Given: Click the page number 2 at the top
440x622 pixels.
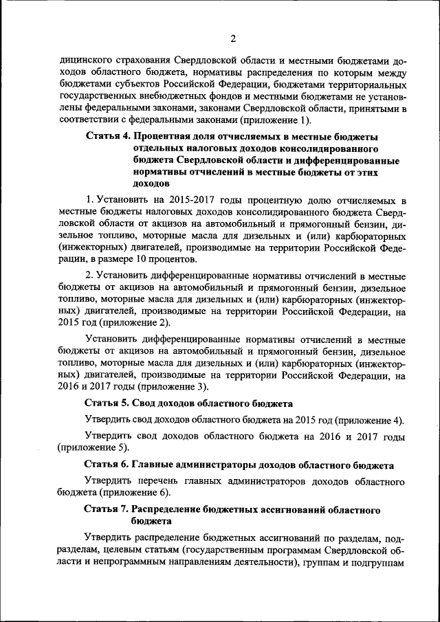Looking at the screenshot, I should (x=233, y=38).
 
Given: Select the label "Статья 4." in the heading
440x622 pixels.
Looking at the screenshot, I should (x=109, y=137).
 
